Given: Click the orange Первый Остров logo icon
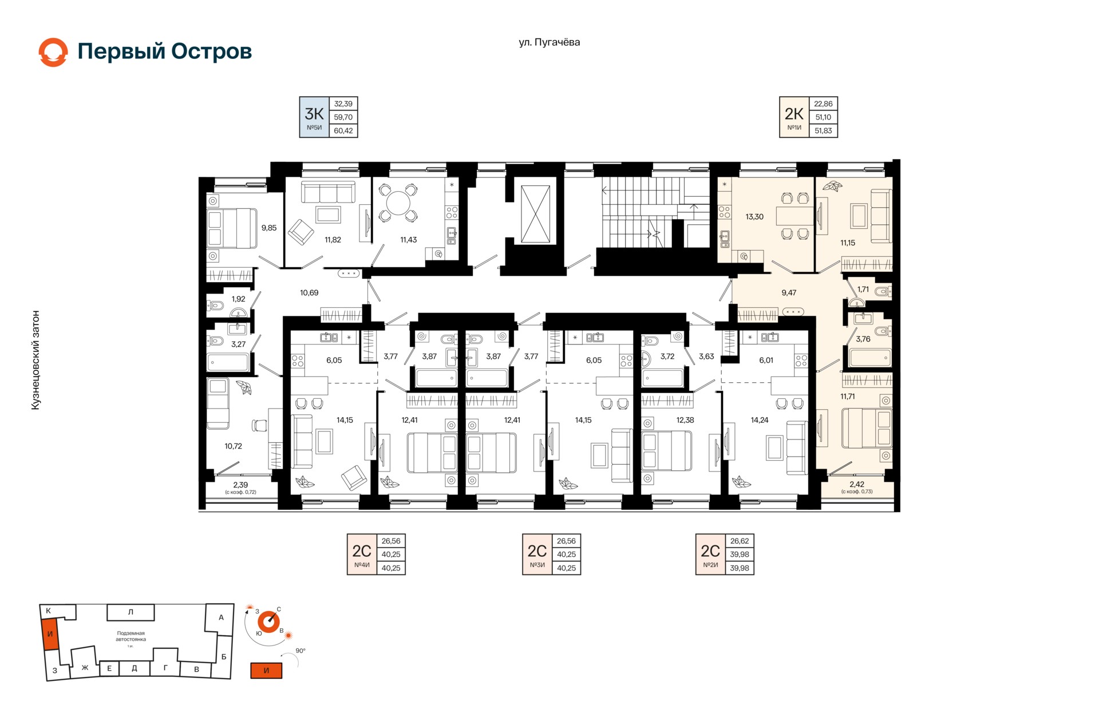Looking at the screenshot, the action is [x=53, y=52].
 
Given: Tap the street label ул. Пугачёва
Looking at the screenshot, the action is [x=549, y=42].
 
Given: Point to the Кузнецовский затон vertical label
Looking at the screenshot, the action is [x=35, y=360].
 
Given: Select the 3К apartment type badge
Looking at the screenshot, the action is [x=314, y=117].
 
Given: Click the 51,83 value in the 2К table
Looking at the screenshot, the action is [x=823, y=130].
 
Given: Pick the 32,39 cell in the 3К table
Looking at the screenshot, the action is [x=343, y=104].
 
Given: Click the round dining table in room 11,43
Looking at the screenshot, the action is [x=398, y=203].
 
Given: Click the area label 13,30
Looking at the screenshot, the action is [x=754, y=217].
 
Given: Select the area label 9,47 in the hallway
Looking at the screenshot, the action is [x=789, y=292].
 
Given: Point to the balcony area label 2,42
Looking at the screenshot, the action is [x=857, y=484].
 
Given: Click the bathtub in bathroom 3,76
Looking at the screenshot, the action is [x=871, y=358].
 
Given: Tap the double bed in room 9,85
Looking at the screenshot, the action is [x=232, y=228].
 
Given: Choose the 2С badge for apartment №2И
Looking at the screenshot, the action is [x=710, y=554].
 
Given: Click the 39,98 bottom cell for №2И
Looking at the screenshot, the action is [x=740, y=568].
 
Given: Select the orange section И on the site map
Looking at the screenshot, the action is [x=50, y=634].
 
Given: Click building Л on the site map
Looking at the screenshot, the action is [x=131, y=612].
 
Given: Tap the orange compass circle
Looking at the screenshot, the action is [x=268, y=621].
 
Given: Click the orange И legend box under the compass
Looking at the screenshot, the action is [x=266, y=671].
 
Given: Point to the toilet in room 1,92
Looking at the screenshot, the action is [x=216, y=306].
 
